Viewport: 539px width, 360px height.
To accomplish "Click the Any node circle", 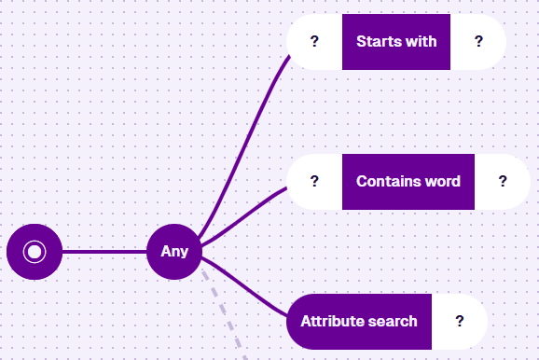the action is pos(174,252).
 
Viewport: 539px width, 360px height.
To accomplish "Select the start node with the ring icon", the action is pos(35,252).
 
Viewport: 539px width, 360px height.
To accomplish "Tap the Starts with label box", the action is pos(396,42).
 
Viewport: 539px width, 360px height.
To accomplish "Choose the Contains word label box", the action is pos(408,182).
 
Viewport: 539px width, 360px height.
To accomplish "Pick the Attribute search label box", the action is pos(359,322).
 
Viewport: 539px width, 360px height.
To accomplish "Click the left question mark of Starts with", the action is pos(314,42).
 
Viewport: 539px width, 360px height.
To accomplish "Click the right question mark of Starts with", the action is pos(478,42).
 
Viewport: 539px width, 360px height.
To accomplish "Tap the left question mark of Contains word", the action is pos(314,181).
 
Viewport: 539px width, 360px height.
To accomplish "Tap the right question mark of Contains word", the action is pos(503,181).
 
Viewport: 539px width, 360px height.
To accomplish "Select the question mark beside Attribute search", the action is pos(460,321).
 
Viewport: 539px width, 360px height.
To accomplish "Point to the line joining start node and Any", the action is pos(104,252).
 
